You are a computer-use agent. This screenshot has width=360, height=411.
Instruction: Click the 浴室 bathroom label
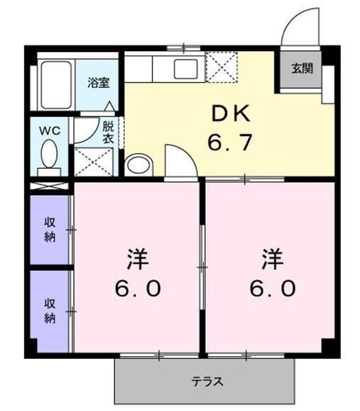(98, 82)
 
